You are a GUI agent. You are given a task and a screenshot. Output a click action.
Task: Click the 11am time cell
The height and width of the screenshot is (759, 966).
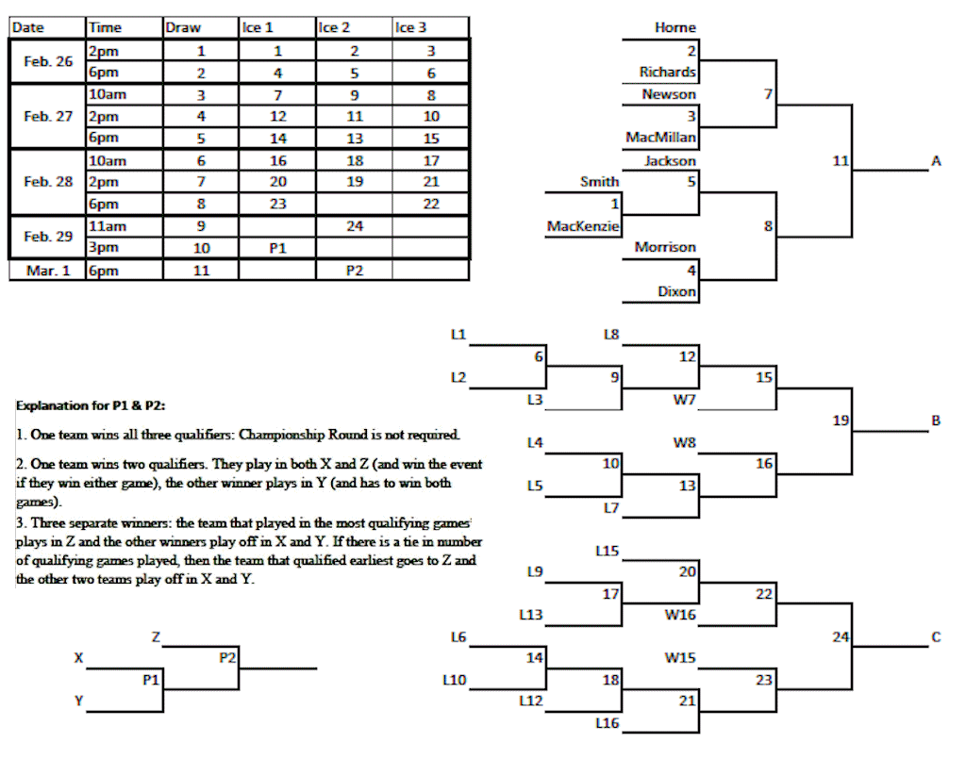coord(108,227)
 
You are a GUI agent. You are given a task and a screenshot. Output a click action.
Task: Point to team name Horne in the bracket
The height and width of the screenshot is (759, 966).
coord(675,28)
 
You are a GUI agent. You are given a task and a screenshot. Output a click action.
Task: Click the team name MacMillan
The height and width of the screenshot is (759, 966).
coord(661,138)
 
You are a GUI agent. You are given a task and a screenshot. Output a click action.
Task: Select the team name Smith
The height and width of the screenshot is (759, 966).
coord(600,182)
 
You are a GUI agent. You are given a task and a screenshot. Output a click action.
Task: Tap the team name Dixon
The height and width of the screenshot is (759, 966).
coord(676,292)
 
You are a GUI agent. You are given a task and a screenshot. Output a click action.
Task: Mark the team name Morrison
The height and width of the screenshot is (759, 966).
coord(665,248)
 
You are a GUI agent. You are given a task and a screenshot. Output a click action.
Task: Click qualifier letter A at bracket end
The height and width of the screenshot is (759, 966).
coord(936,161)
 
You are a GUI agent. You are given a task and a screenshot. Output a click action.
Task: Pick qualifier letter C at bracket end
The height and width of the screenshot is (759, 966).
coord(936,637)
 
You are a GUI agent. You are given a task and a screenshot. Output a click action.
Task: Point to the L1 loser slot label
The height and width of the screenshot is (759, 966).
coord(458,334)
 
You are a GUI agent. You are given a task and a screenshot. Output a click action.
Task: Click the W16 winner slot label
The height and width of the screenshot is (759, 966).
coord(680,615)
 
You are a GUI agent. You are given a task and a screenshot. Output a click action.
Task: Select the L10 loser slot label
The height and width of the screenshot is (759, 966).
coord(455,679)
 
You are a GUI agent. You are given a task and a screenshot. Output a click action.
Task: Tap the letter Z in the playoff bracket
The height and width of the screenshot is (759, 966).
coord(155,637)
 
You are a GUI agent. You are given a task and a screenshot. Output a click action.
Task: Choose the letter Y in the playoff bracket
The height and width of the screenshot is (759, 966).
coord(79,701)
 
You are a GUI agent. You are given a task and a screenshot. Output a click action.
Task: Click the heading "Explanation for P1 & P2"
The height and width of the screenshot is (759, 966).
coord(92,404)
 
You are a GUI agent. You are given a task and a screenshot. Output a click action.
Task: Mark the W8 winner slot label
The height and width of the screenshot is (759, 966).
coord(684,441)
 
